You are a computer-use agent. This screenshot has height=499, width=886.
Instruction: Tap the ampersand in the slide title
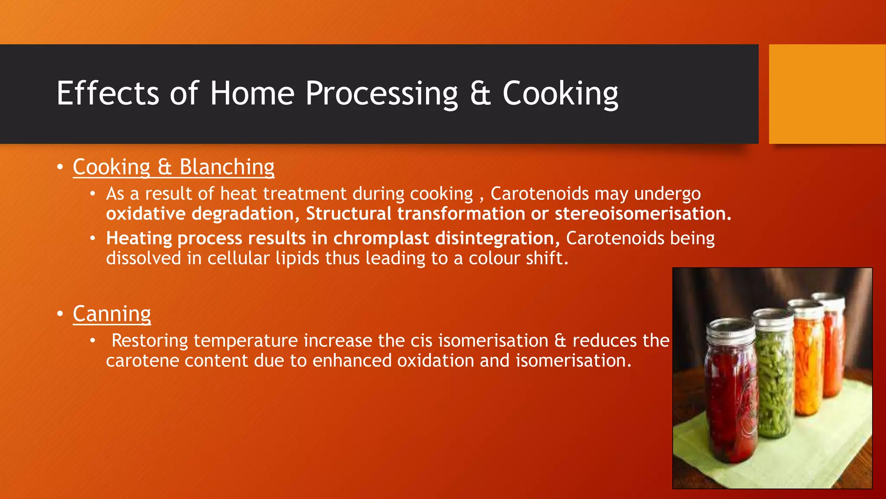coord(480,94)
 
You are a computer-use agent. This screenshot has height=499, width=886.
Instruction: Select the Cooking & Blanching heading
coord(173,167)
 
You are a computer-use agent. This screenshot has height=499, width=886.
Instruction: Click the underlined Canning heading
coord(112,314)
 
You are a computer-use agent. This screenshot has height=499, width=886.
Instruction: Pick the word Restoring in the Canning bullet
coord(150,341)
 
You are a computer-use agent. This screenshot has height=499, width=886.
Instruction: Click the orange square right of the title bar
coord(827,94)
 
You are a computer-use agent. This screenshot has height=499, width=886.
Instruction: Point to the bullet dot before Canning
coord(60,314)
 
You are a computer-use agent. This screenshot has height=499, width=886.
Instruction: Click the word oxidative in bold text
coord(146,214)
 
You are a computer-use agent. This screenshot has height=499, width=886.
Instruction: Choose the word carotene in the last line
coord(142,361)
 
